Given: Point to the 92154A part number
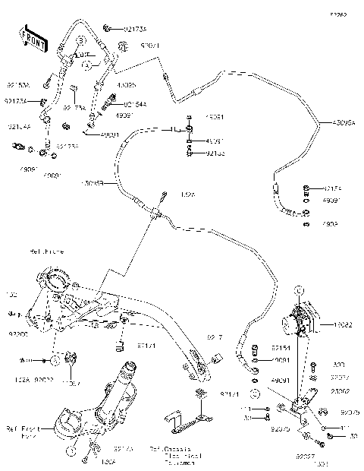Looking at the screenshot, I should coord(133,103).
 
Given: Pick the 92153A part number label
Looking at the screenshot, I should coord(17,85).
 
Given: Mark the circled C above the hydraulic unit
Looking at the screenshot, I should coord(300,290).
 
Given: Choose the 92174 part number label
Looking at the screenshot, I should coord(334,187).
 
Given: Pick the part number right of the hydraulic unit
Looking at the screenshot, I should coord(342,324).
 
